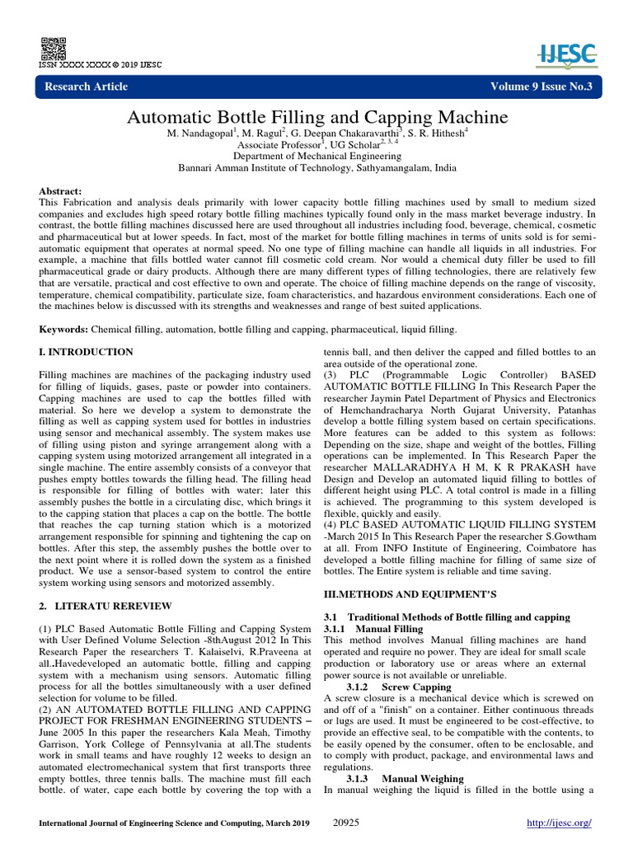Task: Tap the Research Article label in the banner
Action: pyautogui.click(x=87, y=87)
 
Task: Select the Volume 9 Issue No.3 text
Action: pyautogui.click(x=541, y=87)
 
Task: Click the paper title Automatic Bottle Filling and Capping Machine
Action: pyautogui.click(x=316, y=117)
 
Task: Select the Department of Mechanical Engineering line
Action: pyautogui.click(x=316, y=155)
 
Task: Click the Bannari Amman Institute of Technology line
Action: pyautogui.click(x=316, y=166)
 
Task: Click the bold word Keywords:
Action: pyautogui.click(x=65, y=330)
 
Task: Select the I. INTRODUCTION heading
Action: pyautogui.click(x=87, y=352)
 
